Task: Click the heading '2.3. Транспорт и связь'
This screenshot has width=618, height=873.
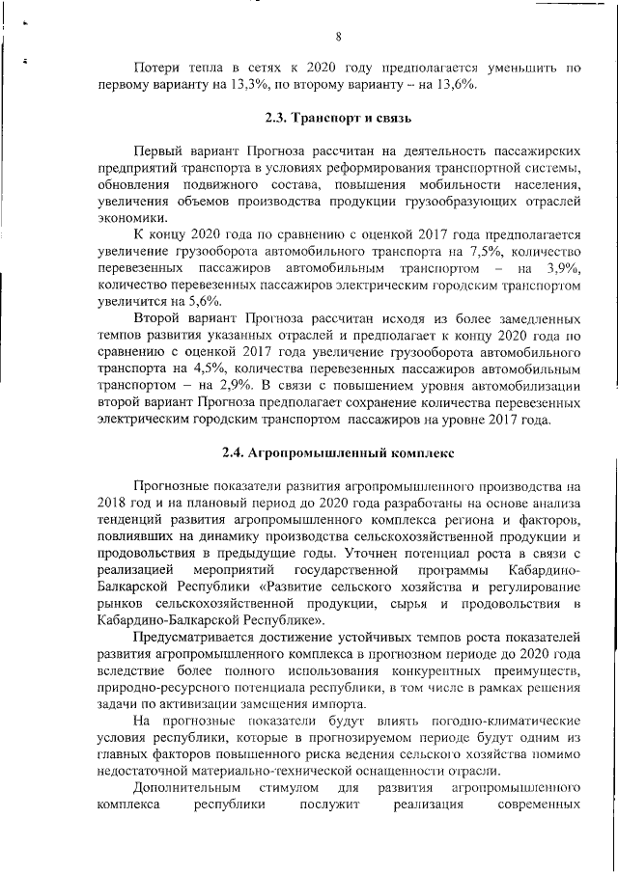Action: click(x=339, y=119)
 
